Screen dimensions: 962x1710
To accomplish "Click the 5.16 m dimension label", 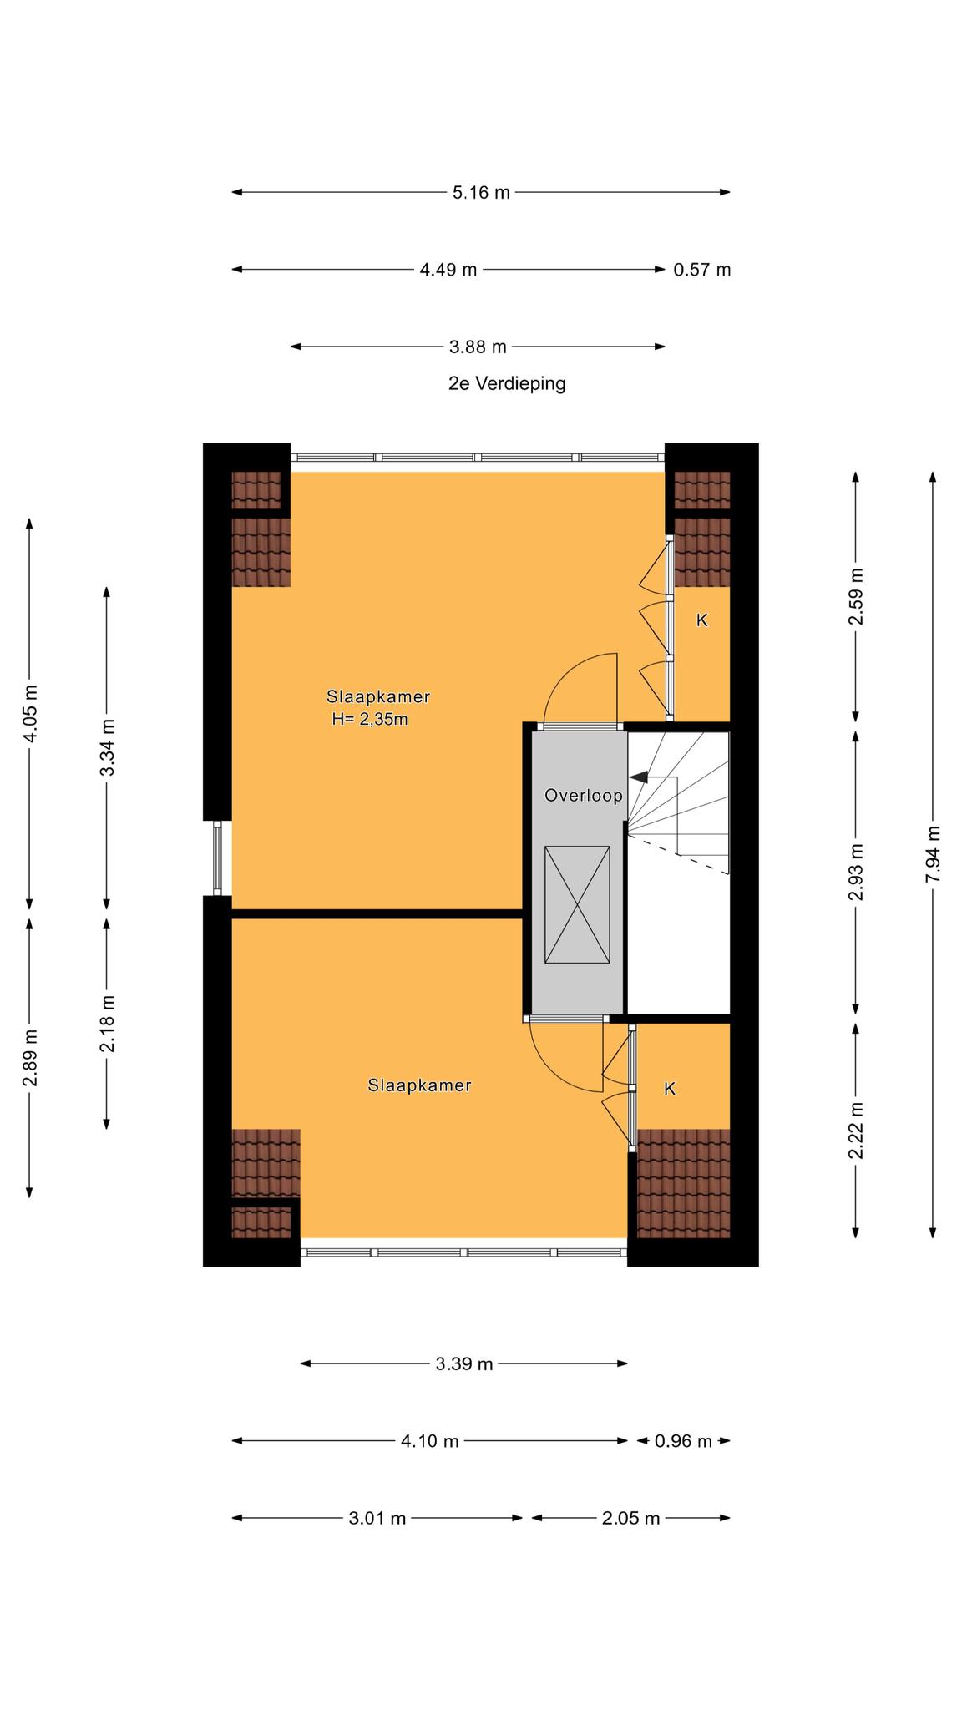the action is [481, 193].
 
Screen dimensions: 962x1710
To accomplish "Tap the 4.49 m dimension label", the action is [448, 270].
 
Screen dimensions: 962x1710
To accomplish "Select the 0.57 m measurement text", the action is [702, 270].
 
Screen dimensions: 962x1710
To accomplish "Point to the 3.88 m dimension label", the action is [478, 347].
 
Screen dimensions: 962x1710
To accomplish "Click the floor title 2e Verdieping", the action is [507, 384].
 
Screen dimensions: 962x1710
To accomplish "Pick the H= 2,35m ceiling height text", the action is [370, 719].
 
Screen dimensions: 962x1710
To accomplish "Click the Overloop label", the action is [584, 796].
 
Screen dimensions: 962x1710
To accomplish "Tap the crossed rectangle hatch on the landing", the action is [577, 904].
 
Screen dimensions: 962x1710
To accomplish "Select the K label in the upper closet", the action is [702, 620].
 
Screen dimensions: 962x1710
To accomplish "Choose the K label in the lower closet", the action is [669, 1089].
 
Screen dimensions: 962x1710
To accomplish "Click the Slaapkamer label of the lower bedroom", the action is [419, 1085].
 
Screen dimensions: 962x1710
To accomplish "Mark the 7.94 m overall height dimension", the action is [934, 854].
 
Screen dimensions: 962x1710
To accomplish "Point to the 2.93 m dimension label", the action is [856, 873].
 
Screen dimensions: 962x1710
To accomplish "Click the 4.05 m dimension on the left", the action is [30, 713].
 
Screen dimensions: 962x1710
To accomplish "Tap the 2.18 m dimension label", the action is [107, 1024].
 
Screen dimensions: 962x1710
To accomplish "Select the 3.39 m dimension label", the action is [464, 1364].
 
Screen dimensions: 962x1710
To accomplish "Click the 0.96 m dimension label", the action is [683, 1441].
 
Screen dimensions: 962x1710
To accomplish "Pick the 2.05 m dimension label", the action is [630, 1518].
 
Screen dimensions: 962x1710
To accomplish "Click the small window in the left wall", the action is [217, 858].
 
